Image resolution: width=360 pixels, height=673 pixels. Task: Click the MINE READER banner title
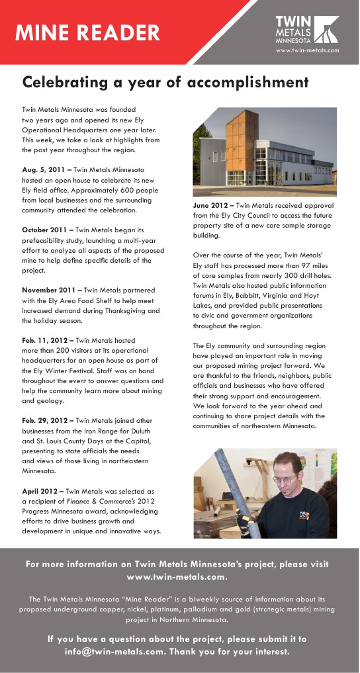point(87,32)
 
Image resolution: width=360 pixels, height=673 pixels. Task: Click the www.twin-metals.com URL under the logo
point(306,50)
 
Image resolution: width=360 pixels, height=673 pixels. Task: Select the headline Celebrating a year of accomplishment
point(165,83)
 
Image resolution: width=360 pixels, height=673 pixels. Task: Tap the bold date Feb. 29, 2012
point(46,420)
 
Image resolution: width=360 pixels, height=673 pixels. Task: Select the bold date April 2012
point(42,492)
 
